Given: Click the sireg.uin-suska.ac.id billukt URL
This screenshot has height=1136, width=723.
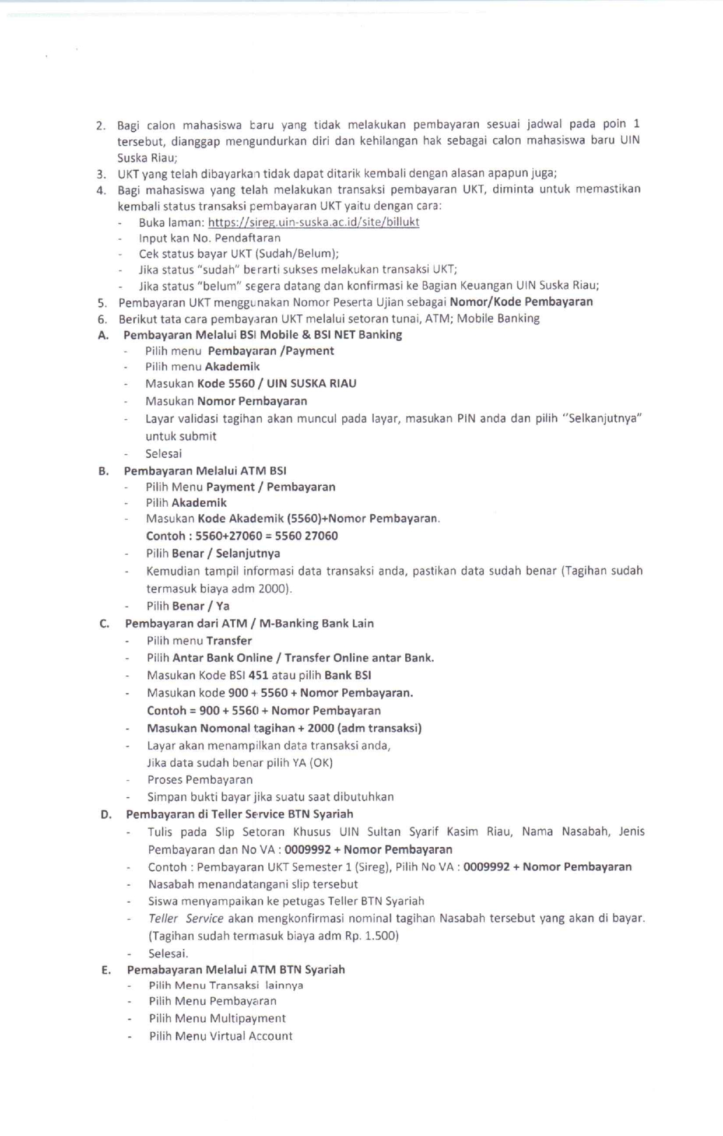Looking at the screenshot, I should click(x=314, y=222).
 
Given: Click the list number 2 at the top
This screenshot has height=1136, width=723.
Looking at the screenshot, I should click(x=101, y=125).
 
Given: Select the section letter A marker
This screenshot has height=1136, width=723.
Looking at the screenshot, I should click(x=103, y=335).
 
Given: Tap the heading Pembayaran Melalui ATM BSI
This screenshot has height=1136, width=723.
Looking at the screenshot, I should click(x=205, y=471).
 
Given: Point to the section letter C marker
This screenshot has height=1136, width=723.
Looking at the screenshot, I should click(x=104, y=624).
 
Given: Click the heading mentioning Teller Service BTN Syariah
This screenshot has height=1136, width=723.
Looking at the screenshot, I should click(x=239, y=814).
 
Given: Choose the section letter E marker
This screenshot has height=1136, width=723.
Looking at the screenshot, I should click(x=106, y=970).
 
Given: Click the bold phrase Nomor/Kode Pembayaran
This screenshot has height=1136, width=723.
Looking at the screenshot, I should click(x=521, y=302).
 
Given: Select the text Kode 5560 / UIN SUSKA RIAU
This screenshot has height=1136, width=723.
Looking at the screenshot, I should click(x=276, y=384).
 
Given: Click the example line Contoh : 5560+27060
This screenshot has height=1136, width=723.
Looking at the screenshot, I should click(x=241, y=536).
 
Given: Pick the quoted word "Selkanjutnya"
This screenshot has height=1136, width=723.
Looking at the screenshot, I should click(x=602, y=419).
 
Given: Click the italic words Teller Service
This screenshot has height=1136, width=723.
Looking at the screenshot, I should click(x=186, y=918).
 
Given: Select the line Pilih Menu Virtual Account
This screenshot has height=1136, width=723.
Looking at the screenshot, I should click(x=220, y=1036).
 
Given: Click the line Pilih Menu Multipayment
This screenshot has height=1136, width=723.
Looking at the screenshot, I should click(x=217, y=1019).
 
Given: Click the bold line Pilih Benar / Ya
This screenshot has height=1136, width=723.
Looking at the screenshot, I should click(x=188, y=606).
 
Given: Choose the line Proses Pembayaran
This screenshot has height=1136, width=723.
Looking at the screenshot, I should click(x=200, y=780).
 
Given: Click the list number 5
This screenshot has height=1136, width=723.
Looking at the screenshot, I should click(x=102, y=303).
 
